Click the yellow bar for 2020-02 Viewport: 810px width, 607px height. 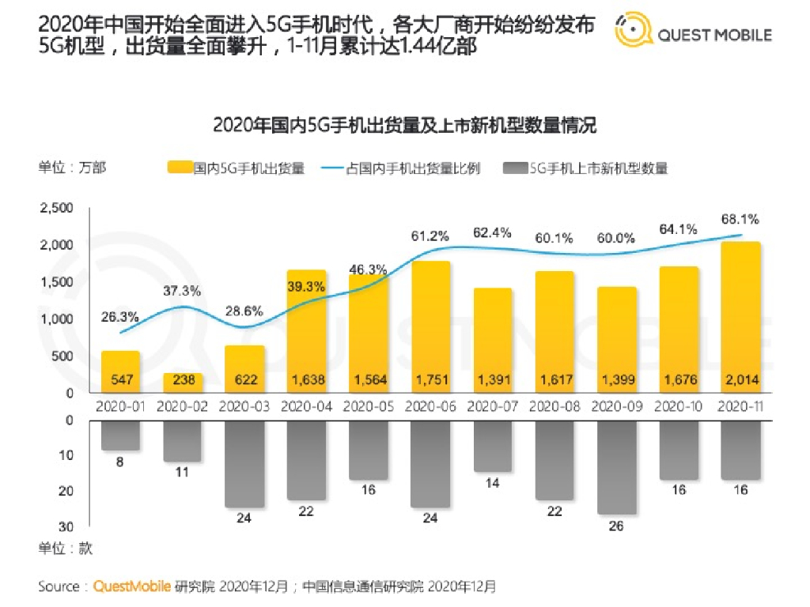(183, 383)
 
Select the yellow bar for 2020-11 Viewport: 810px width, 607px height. (740, 316)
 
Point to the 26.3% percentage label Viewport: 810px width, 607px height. (120, 317)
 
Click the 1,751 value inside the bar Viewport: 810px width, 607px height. (431, 380)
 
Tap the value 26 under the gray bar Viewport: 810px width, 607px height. (617, 526)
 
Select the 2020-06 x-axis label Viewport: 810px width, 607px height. (431, 406)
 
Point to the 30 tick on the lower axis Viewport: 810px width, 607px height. (67, 526)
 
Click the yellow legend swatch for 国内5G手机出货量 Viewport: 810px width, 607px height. (180, 168)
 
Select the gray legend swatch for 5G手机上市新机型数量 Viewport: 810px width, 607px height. (514, 168)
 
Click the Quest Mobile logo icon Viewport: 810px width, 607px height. (634, 32)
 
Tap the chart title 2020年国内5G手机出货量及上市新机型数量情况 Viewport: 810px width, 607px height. (404, 125)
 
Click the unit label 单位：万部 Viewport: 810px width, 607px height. (72, 168)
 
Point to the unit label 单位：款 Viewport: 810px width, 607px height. (66, 548)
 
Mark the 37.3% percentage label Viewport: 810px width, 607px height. (183, 290)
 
